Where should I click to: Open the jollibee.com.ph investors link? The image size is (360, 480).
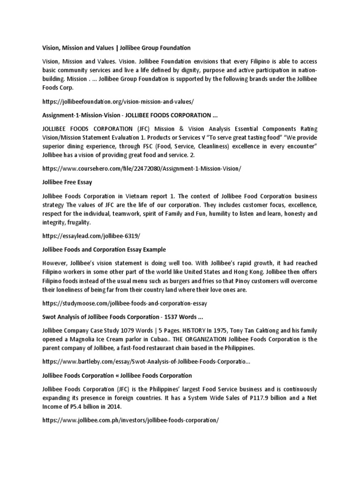tap(130, 420)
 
